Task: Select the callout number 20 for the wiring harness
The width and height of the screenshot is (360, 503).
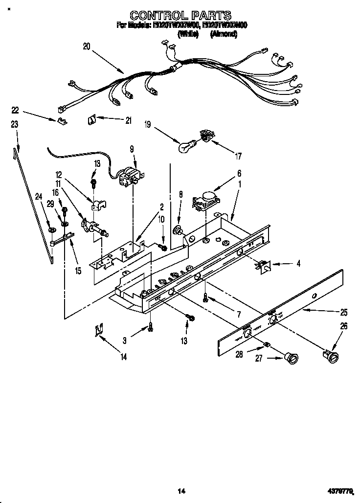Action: pyautogui.click(x=87, y=47)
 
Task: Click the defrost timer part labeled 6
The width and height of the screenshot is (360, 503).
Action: pyautogui.click(x=205, y=200)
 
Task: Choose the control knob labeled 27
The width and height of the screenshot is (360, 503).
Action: pyautogui.click(x=292, y=359)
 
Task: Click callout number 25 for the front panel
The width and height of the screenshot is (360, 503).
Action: pyautogui.click(x=344, y=311)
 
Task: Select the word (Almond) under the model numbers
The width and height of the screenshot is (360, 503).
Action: pyautogui.click(x=224, y=34)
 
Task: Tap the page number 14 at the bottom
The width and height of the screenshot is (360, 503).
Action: pyautogui.click(x=180, y=491)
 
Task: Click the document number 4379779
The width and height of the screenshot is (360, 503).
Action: pyautogui.click(x=340, y=491)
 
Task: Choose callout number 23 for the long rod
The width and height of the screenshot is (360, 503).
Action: pyautogui.click(x=15, y=125)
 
